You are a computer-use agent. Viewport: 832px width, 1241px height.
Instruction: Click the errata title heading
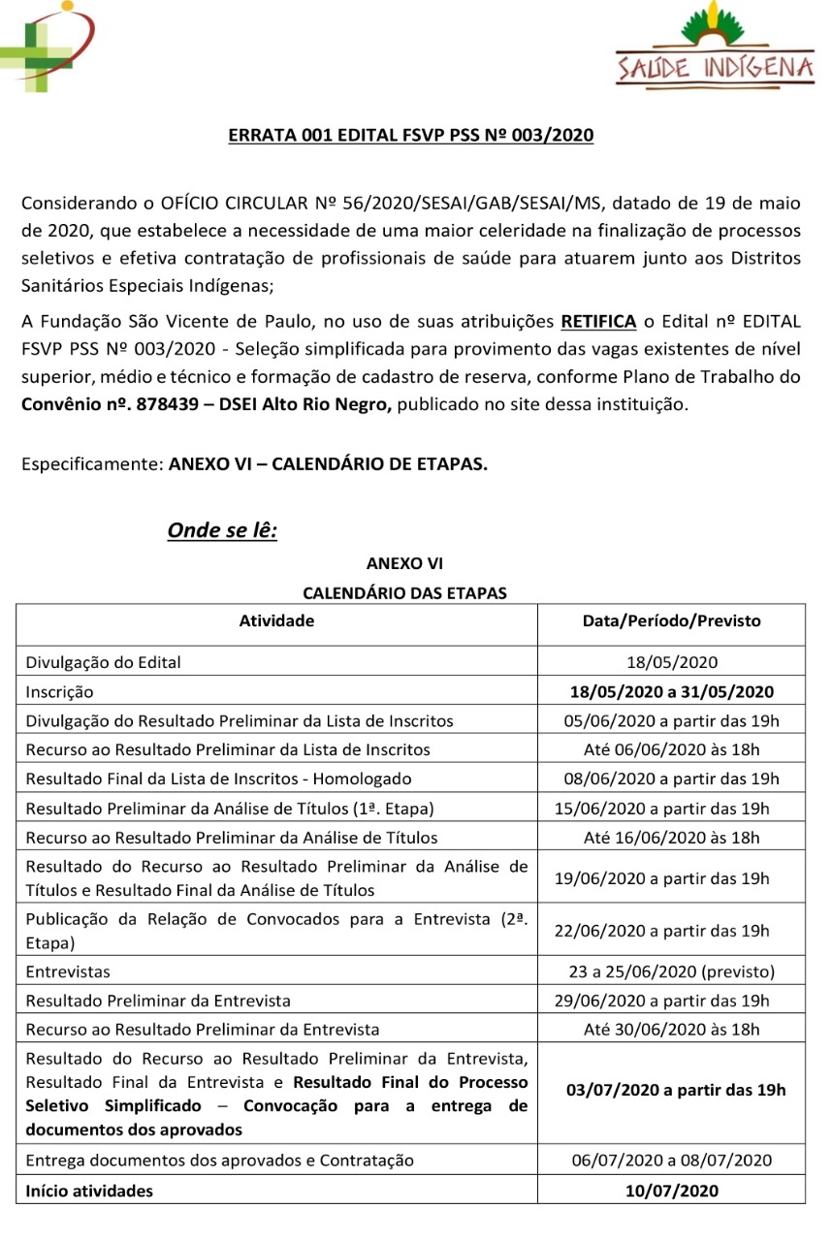click(x=410, y=136)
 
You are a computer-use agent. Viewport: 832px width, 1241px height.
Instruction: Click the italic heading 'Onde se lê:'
click(x=222, y=530)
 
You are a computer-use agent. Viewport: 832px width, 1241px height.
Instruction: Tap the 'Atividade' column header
click(x=276, y=621)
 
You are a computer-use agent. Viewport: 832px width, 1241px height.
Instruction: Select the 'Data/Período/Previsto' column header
click(x=671, y=621)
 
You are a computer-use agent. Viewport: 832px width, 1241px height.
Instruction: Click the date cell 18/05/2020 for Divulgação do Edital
click(x=671, y=663)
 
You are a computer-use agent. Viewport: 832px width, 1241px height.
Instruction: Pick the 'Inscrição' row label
click(x=59, y=692)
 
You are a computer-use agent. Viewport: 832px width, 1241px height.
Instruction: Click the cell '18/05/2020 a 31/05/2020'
click(x=671, y=692)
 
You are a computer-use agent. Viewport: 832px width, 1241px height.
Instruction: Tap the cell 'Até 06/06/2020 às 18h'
click(x=671, y=749)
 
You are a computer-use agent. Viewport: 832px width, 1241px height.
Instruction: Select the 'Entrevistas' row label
click(x=68, y=971)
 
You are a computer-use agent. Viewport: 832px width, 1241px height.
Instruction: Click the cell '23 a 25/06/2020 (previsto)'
click(x=671, y=971)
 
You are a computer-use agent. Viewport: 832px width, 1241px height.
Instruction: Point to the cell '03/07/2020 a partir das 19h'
click(x=675, y=1090)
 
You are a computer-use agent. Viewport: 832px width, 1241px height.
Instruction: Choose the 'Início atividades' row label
click(x=89, y=1192)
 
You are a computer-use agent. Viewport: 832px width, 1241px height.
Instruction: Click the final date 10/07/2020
click(x=671, y=1192)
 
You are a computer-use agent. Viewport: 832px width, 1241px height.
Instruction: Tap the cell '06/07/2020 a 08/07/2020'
click(x=671, y=1161)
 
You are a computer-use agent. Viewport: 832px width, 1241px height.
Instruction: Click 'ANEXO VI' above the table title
click(x=404, y=563)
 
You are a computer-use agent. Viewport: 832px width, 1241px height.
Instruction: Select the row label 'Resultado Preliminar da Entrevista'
click(x=158, y=1001)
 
